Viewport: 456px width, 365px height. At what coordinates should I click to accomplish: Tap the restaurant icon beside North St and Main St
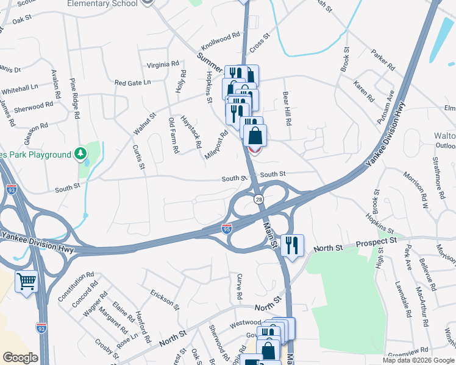293,245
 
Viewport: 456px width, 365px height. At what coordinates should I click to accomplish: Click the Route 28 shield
258,200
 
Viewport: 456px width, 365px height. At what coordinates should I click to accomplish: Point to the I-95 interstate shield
226,228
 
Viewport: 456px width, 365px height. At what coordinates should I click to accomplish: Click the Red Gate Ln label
132,83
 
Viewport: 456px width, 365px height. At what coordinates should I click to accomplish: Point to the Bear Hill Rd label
287,108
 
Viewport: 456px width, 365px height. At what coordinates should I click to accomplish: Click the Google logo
20,358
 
